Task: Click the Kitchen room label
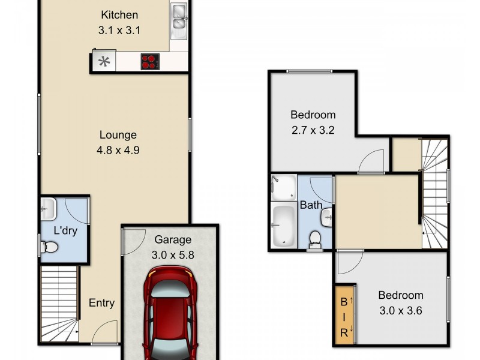[119, 15]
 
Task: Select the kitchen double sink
[178, 17]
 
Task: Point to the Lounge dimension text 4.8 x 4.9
[118, 151]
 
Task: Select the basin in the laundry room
[47, 209]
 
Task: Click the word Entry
[101, 303]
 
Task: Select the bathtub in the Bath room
[283, 226]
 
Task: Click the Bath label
[311, 205]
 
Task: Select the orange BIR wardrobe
[345, 314]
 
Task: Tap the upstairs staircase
[435, 192]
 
